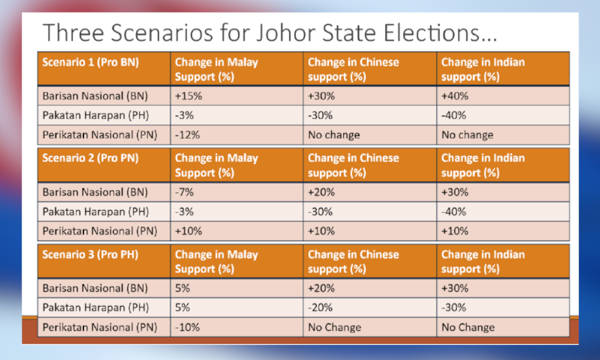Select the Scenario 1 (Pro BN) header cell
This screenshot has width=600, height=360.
[104, 68]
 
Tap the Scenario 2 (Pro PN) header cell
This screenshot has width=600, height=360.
[104, 165]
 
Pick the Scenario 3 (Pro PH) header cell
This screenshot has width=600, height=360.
[104, 261]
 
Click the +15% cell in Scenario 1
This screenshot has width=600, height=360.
[236, 95]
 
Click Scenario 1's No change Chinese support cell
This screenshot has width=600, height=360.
[370, 134]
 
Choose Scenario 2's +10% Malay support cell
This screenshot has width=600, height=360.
[236, 231]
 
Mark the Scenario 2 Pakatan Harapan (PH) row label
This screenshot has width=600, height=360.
[95, 212]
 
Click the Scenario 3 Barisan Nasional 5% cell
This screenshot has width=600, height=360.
[236, 288]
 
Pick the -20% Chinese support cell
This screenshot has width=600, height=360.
[370, 308]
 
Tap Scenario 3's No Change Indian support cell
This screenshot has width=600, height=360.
[503, 327]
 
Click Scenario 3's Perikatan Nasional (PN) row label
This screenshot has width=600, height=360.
[100, 328]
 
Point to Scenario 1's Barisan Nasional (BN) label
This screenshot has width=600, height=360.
[95, 96]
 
